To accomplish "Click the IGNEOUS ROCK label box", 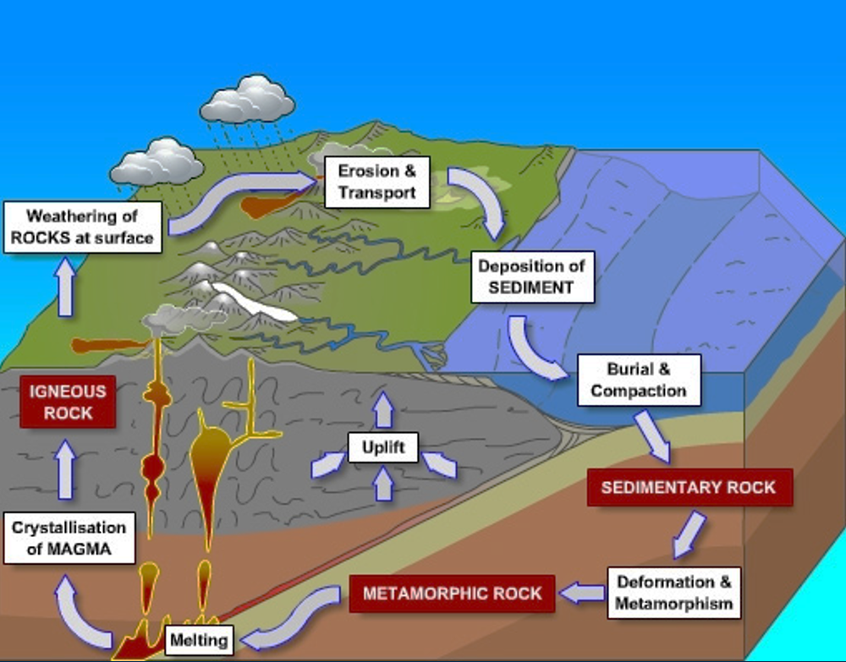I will pos(68,402).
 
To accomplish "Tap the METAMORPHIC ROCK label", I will pos(452,594).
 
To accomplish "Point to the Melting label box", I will pos(199,640).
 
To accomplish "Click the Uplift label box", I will pos(383,446).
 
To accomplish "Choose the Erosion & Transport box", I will pos(377,182).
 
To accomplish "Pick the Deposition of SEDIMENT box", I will pos(531,276).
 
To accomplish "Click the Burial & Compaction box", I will pos(639,380).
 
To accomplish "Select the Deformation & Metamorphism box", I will pos(673,593).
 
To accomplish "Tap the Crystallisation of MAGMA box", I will pos(69,539).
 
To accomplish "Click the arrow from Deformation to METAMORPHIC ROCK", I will pos(581,594).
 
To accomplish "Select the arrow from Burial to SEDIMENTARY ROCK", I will pos(654,435).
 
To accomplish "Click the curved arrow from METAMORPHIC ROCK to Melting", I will pos(296,617).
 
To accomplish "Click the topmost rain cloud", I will pos(247,100).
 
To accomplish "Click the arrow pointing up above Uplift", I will pos(384,409).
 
